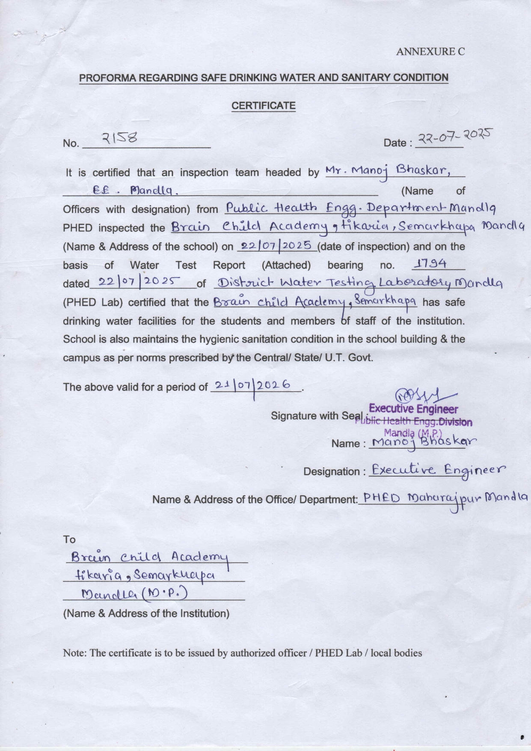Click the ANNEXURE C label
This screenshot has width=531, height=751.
click(x=430, y=52)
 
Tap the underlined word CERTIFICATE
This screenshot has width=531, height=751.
click(x=263, y=106)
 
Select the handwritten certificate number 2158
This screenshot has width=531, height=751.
click(x=119, y=138)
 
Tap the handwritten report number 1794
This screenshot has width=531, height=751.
click(x=429, y=264)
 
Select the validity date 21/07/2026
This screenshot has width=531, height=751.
click(x=254, y=385)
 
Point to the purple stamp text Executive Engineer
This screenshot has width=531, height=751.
click(x=413, y=409)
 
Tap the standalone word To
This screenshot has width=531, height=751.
click(x=69, y=539)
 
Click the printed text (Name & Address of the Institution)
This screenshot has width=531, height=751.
click(x=146, y=614)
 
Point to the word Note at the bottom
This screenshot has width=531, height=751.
click(x=74, y=653)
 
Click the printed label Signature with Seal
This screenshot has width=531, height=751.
click(x=317, y=416)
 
